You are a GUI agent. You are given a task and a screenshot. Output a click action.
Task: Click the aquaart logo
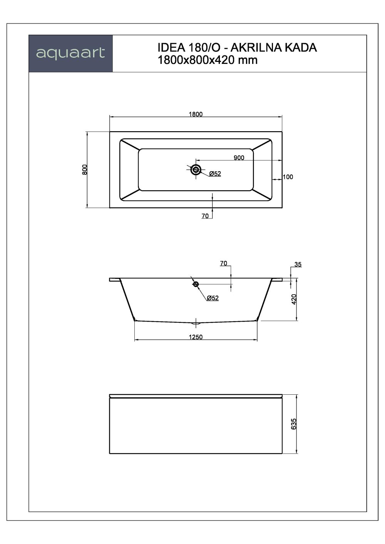click(x=70, y=53)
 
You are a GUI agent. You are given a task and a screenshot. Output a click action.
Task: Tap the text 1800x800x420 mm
click(x=208, y=60)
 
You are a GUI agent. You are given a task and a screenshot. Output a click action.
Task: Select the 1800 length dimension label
click(x=196, y=114)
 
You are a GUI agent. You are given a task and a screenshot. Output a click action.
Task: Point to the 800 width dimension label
click(x=85, y=170)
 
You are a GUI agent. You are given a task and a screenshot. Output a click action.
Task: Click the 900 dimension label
click(x=239, y=158)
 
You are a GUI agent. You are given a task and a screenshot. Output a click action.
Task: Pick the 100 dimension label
click(x=288, y=177)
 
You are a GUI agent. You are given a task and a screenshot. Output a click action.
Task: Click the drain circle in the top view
click(x=196, y=170)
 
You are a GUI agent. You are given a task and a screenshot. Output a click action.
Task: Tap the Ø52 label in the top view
click(x=215, y=174)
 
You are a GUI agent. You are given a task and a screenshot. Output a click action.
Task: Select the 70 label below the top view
click(x=205, y=216)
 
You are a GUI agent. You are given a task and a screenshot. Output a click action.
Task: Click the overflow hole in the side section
click(x=196, y=284)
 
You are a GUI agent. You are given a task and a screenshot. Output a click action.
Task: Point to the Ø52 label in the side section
click(x=213, y=298)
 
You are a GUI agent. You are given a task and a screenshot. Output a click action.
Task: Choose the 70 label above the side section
click(x=223, y=264)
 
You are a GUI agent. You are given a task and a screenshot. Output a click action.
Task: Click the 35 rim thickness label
click(x=298, y=265)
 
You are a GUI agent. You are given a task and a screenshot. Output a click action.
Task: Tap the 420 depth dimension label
click(x=294, y=299)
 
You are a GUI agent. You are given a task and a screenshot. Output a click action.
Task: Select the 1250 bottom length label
click(x=196, y=337)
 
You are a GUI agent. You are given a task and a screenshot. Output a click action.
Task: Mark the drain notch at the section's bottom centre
click(x=196, y=322)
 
